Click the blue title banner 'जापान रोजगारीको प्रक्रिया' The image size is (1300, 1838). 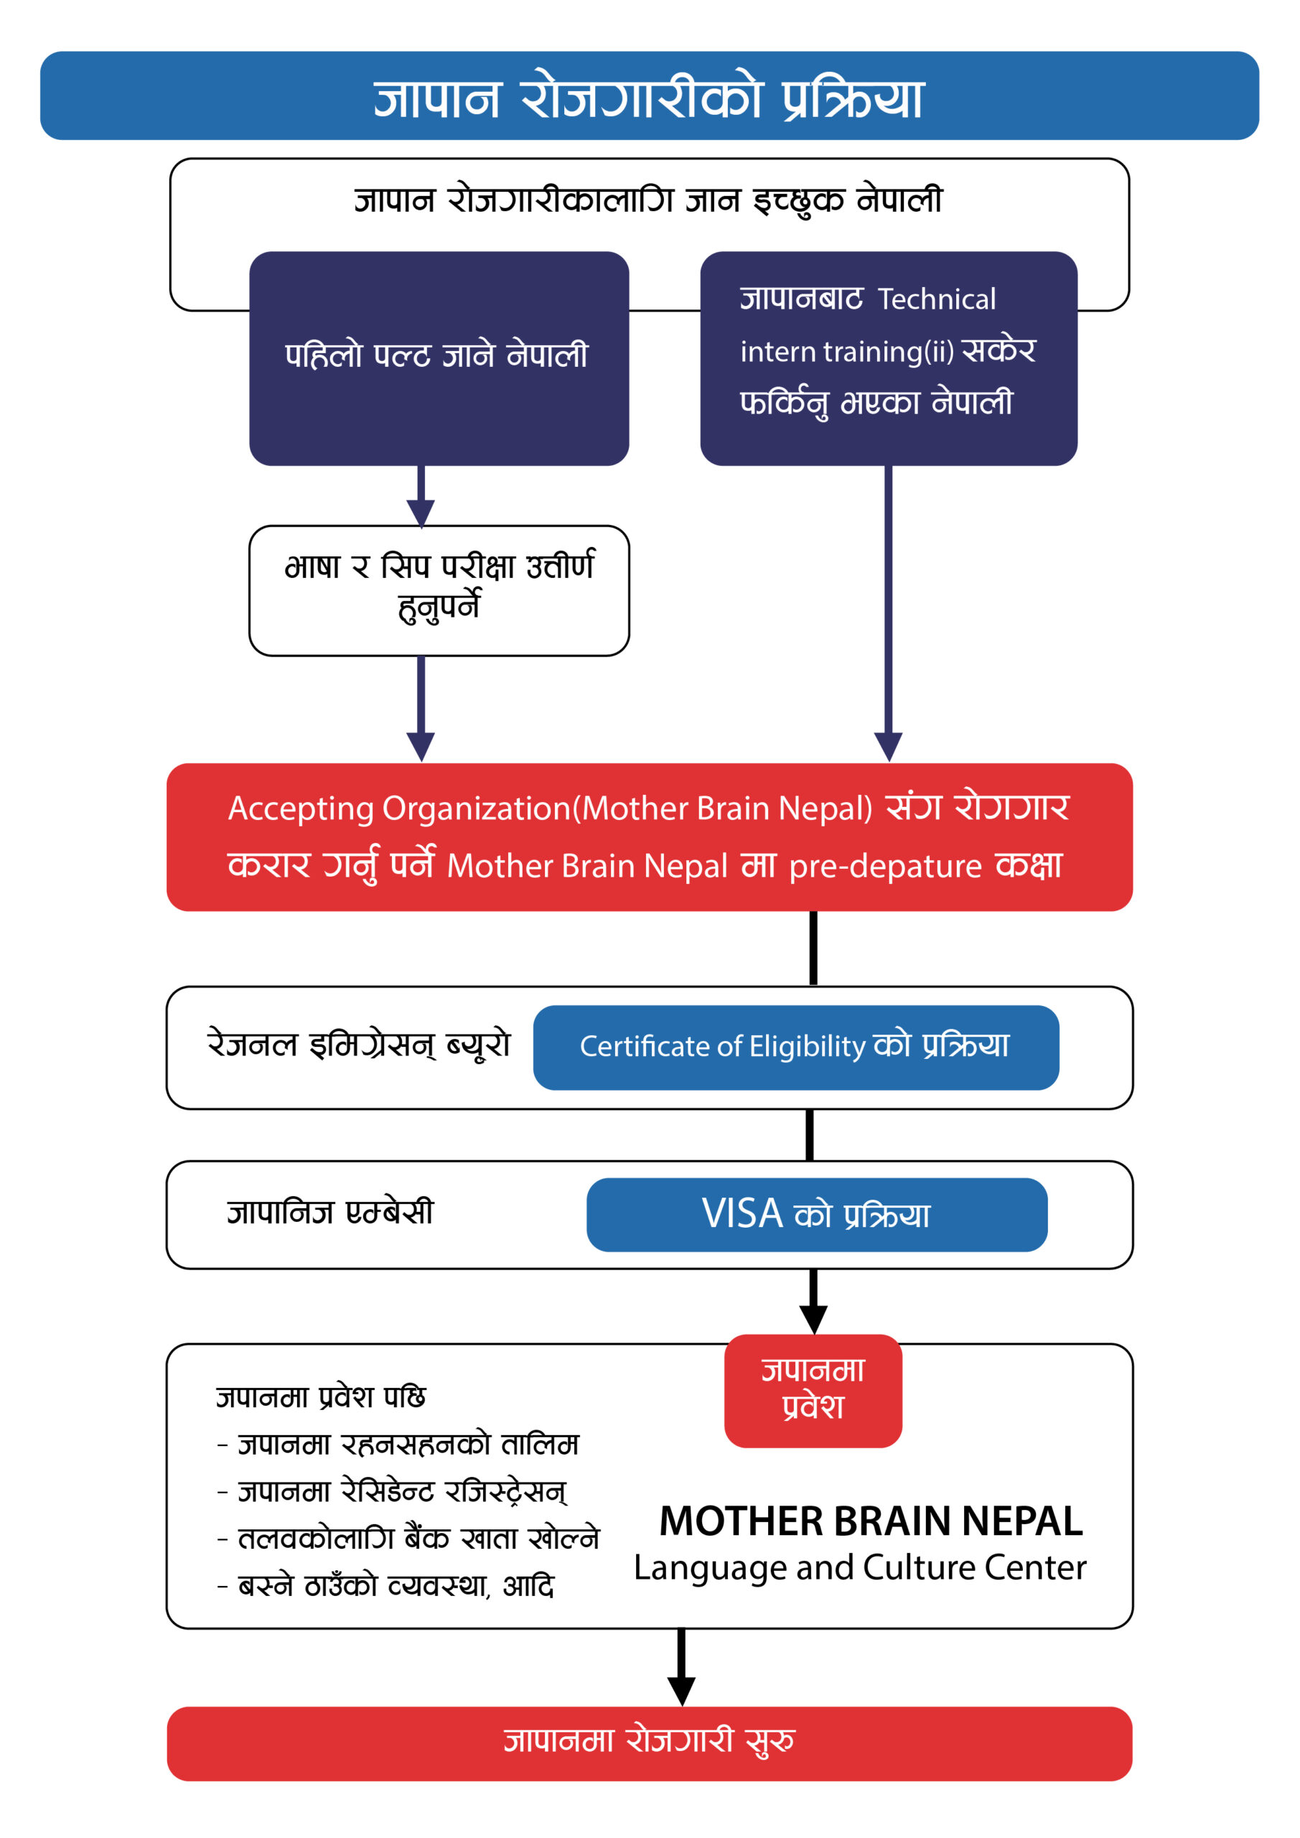coord(649,95)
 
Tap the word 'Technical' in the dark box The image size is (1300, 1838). coord(937,299)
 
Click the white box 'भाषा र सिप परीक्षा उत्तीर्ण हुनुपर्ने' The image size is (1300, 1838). coord(439,590)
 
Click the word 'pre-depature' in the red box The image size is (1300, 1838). coord(885,866)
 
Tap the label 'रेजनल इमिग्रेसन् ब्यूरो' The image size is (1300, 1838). coord(359,1044)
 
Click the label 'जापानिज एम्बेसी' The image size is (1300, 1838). coord(329,1212)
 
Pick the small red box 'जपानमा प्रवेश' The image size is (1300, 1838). coord(813,1391)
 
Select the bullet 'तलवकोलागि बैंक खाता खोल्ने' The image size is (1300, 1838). coord(408,1539)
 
